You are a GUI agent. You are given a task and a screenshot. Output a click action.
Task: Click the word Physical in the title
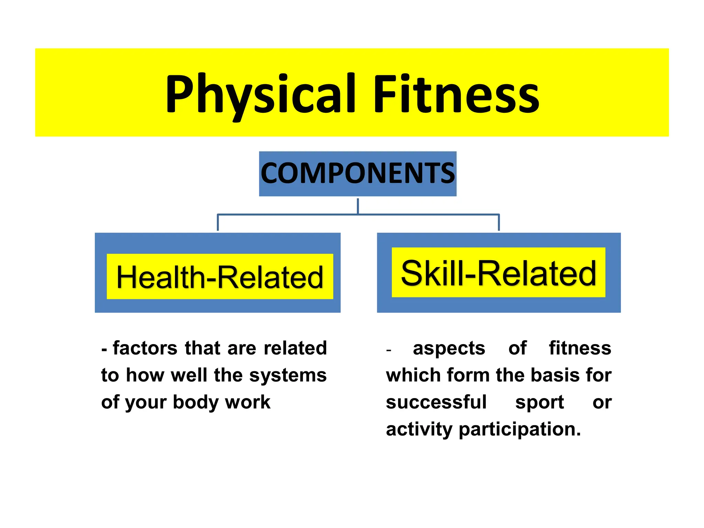pyautogui.click(x=260, y=93)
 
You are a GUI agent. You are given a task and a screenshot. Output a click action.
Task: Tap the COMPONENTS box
pyautogui.click(x=357, y=174)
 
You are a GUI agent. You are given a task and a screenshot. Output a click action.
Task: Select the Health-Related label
pyautogui.click(x=220, y=277)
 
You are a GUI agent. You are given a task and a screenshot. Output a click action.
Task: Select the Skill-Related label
pyautogui.click(x=498, y=273)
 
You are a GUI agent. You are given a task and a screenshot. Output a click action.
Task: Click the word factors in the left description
pyautogui.click(x=145, y=348)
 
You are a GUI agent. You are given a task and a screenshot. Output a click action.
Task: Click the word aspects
pyautogui.click(x=449, y=349)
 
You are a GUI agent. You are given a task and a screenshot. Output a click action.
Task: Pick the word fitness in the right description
pyautogui.click(x=580, y=348)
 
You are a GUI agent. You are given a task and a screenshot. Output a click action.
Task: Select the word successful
pyautogui.click(x=436, y=402)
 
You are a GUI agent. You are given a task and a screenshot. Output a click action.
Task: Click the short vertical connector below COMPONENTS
pyautogui.click(x=358, y=206)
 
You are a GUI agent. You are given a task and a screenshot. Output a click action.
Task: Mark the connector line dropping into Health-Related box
pyautogui.click(x=218, y=223)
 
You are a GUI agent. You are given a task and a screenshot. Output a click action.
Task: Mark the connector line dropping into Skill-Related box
pyautogui.click(x=499, y=223)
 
